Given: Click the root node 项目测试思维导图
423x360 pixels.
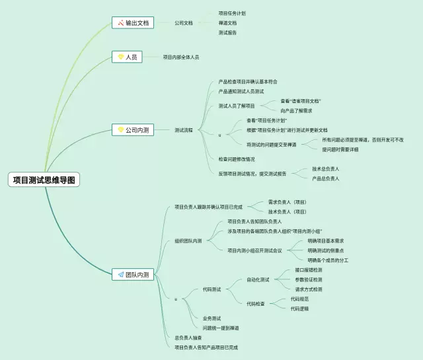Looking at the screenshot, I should point(44,179).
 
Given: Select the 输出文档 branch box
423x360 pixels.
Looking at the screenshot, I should point(132,22).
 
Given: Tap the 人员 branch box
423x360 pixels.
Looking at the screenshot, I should point(128,57).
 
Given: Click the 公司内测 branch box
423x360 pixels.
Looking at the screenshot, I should point(133,130).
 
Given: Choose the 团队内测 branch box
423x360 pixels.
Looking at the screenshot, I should point(133,274).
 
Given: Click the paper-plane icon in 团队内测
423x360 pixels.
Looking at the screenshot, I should point(120,274).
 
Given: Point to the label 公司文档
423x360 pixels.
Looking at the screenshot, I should point(184,22).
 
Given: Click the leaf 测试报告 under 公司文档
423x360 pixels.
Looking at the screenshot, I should point(227,32).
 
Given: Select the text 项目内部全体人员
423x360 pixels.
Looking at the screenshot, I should point(180,57).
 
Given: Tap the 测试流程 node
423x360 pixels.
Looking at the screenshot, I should point(184,130).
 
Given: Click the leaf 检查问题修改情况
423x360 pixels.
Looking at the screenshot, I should point(236,159).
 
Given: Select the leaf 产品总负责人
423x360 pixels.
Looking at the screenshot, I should point(325,178).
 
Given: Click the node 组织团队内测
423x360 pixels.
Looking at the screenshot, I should point(188,240).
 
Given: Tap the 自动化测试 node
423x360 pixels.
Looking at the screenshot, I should point(258,279).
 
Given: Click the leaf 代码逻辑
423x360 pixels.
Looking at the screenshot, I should point(299,308).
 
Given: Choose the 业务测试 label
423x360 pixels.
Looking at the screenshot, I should point(211,318).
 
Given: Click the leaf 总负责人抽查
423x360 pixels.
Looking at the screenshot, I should point(188,338).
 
